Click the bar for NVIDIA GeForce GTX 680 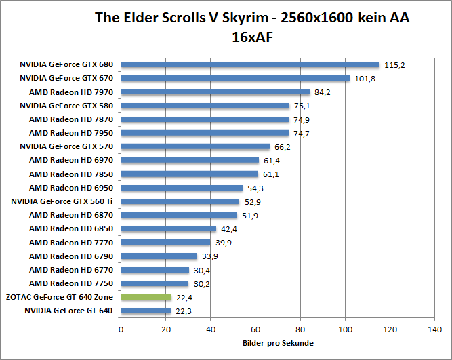click(x=249, y=65)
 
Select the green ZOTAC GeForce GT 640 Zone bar click(x=146, y=297)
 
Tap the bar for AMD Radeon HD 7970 click(x=215, y=92)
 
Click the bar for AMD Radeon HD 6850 click(x=168, y=228)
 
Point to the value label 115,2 click(x=394, y=65)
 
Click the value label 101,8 click(x=364, y=79)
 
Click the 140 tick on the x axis click(x=435, y=330)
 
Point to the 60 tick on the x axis click(x=255, y=330)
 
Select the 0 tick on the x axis click(x=121, y=330)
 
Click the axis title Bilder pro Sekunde click(x=278, y=344)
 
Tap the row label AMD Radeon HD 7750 click(x=71, y=283)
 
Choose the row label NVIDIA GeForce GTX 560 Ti click(x=62, y=201)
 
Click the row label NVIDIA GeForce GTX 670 click(x=66, y=79)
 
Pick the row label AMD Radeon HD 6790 click(x=71, y=256)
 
